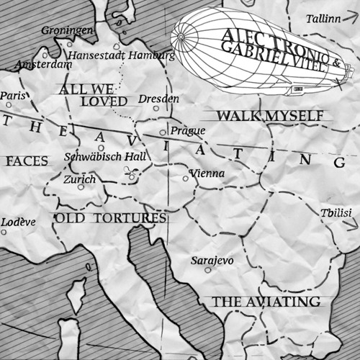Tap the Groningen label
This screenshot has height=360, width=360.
click(67, 31)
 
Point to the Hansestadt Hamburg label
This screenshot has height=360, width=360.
click(121, 55)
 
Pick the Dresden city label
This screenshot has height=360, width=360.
click(158, 98)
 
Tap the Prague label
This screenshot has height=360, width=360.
click(188, 130)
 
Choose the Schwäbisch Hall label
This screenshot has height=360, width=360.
click(105, 156)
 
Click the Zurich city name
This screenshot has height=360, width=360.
click(79, 179)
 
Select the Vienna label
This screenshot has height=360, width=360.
click(207, 174)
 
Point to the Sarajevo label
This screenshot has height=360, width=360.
click(212, 260)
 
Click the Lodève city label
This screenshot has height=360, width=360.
click(18, 222)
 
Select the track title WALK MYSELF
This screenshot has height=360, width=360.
click(264, 115)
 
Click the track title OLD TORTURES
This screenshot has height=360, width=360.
click(111, 217)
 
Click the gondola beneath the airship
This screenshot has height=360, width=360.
click(295, 89)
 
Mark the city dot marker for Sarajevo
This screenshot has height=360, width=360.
click(208, 271)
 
